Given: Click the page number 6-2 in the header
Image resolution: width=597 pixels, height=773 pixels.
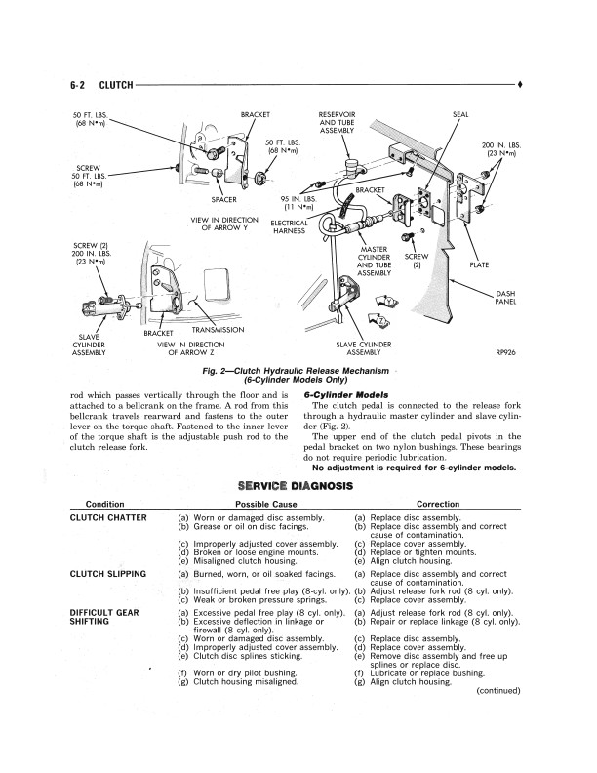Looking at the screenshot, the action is point(77,85).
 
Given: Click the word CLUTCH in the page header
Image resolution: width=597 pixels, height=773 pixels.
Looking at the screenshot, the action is point(116,85).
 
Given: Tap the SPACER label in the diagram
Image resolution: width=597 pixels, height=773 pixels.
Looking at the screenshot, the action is point(223,200).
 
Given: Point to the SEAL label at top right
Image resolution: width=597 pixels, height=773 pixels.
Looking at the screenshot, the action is point(460,114).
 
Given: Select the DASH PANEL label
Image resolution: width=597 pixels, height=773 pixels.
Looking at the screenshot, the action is point(505,298).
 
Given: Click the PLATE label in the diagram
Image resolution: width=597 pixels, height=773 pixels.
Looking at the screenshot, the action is point(479,264).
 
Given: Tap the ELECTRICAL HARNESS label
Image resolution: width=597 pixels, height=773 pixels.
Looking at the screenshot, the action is point(289,226).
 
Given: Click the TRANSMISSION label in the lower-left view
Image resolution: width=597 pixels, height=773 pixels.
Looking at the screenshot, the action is point(218,330).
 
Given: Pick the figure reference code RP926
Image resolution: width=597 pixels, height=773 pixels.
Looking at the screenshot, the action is point(506,352).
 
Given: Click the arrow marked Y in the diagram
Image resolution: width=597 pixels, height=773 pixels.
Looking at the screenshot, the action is point(386,302).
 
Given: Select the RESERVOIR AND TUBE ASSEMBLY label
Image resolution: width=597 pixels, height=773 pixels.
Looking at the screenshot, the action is point(337,122).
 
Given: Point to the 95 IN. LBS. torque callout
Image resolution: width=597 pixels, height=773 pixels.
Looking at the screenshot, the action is point(298,203).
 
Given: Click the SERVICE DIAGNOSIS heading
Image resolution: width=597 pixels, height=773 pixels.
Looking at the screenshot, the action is point(296,486).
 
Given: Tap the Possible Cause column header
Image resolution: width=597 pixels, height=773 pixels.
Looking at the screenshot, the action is point(266,504).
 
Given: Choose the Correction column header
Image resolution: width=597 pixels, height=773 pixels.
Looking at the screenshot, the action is point(438,504).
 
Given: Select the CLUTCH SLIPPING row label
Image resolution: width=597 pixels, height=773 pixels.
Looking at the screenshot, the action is point(108,574).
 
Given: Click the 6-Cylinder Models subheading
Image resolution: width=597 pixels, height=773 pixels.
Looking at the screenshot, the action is point(346,395).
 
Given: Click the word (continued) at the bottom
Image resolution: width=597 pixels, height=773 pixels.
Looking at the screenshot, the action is point(498,691).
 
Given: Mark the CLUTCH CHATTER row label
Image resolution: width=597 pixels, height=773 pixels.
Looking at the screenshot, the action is point(108,517).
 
